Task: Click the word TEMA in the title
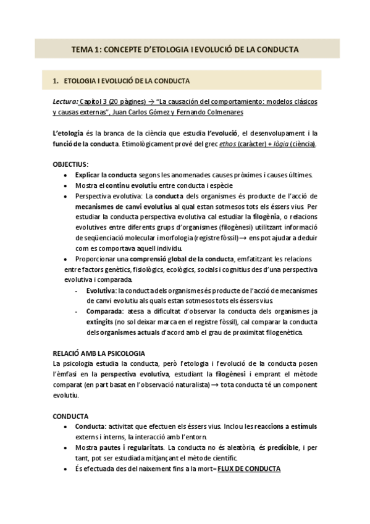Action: pyautogui.click(x=81, y=49)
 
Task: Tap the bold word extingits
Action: pyautogui.click(x=104, y=322)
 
